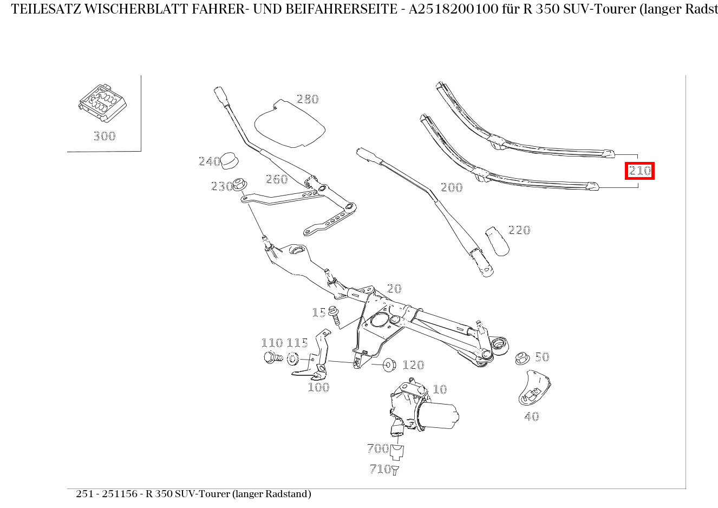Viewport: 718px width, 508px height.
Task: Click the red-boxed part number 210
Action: (x=639, y=171)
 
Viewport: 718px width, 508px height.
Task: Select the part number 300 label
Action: (x=104, y=136)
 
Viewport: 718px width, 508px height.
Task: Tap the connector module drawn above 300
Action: (x=102, y=103)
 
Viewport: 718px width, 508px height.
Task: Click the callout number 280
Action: (x=308, y=99)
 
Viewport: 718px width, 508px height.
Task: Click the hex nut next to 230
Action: (x=241, y=185)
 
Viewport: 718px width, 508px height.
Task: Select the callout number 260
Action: (x=277, y=179)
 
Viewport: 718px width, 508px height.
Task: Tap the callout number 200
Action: (x=452, y=187)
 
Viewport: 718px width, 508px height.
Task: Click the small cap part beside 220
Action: (x=497, y=240)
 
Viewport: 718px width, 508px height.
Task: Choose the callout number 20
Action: (x=394, y=289)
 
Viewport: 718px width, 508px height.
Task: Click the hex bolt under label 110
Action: (x=272, y=357)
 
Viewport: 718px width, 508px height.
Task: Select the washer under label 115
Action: (x=293, y=358)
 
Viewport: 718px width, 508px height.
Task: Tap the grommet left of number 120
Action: (x=389, y=364)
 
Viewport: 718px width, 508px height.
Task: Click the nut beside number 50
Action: (x=522, y=358)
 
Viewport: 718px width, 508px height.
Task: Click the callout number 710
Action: (x=380, y=469)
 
